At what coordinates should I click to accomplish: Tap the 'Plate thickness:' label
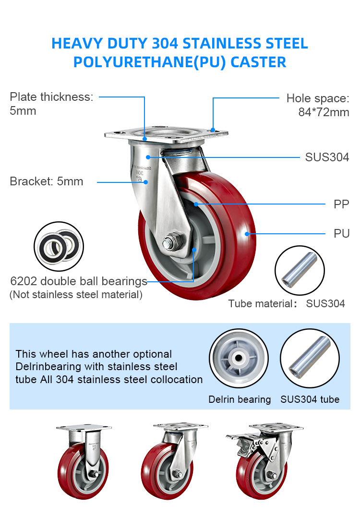click(x=51, y=97)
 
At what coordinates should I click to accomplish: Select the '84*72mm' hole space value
click(x=324, y=112)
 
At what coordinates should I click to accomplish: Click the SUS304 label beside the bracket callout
click(x=327, y=157)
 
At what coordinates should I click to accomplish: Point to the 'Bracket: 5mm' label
click(x=46, y=181)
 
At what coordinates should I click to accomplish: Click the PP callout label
click(x=341, y=204)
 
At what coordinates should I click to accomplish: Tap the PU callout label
click(x=341, y=234)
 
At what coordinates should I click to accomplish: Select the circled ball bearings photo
click(x=59, y=246)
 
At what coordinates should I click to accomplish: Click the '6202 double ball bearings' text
click(x=79, y=281)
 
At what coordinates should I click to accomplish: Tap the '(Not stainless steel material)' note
click(x=76, y=294)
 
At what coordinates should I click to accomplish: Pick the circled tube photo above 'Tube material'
click(x=300, y=270)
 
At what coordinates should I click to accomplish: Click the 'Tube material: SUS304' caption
click(x=287, y=303)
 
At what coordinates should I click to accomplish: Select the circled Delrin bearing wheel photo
click(x=239, y=359)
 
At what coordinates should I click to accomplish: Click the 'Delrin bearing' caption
click(x=240, y=399)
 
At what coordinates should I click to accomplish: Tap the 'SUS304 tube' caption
click(x=310, y=399)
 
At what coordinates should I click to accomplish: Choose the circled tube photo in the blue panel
click(x=310, y=359)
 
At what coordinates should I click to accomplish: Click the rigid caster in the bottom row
click(x=83, y=461)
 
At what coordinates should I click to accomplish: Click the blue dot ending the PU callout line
click(x=247, y=234)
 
